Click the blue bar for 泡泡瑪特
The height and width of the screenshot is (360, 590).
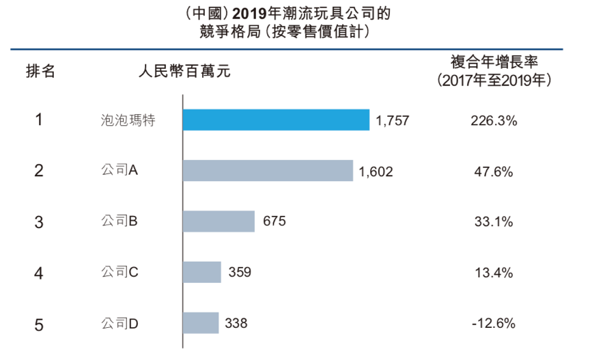click(276, 120)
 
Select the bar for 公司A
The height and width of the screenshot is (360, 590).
click(268, 171)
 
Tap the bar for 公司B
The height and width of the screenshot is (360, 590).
click(219, 221)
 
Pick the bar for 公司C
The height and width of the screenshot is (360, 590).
click(202, 272)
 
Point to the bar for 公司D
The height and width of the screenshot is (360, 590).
click(201, 322)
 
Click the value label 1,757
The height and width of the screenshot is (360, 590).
click(392, 121)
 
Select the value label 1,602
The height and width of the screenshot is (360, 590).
click(376, 171)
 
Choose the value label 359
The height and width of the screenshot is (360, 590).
click(240, 272)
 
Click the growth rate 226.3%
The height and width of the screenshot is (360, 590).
click(494, 121)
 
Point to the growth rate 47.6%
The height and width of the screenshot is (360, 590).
click(494, 171)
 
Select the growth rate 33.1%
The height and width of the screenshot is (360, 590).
click(494, 221)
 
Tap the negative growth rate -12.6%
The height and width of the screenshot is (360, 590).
click(492, 322)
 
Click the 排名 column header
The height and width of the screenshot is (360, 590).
click(40, 71)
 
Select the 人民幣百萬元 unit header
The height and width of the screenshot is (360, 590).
click(184, 71)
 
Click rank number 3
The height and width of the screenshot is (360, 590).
click(39, 222)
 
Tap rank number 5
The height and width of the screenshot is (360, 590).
click(39, 323)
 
